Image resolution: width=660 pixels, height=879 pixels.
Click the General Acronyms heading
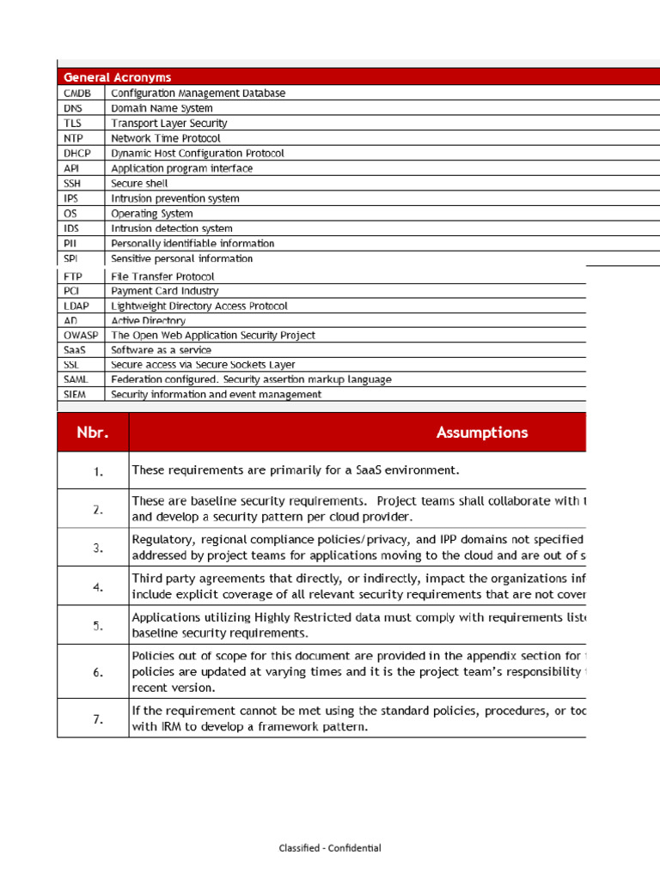117,77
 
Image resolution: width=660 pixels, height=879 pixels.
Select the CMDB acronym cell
77,93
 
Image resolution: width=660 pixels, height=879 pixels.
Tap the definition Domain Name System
162,108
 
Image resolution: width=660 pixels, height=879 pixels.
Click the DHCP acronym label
77,153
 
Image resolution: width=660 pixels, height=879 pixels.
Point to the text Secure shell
139,183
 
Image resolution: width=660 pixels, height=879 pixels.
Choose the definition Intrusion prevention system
175,198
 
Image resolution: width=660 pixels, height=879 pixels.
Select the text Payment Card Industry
165,291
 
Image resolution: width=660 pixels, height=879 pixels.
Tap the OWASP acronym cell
81,336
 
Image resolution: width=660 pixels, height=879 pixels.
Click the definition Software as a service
161,350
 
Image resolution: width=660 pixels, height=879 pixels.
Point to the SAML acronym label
76,379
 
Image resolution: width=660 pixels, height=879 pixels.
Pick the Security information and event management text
217,395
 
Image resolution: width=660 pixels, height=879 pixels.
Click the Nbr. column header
93,433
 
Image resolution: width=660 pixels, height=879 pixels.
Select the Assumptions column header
481,433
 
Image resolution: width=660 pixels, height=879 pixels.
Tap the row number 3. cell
98,548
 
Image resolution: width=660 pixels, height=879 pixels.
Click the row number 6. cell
98,672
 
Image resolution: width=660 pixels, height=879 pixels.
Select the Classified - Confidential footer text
329,848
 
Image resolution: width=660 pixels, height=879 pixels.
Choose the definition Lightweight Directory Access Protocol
199,306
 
